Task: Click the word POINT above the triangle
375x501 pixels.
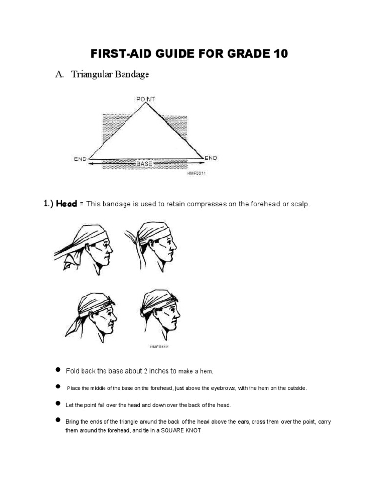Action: click(145, 99)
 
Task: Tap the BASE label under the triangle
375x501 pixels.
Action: click(145, 164)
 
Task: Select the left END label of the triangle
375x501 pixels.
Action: click(81, 159)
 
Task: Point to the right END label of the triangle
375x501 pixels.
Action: click(211, 158)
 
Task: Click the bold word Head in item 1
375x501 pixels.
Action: click(67, 204)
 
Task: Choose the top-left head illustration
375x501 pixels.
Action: click(83, 247)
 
